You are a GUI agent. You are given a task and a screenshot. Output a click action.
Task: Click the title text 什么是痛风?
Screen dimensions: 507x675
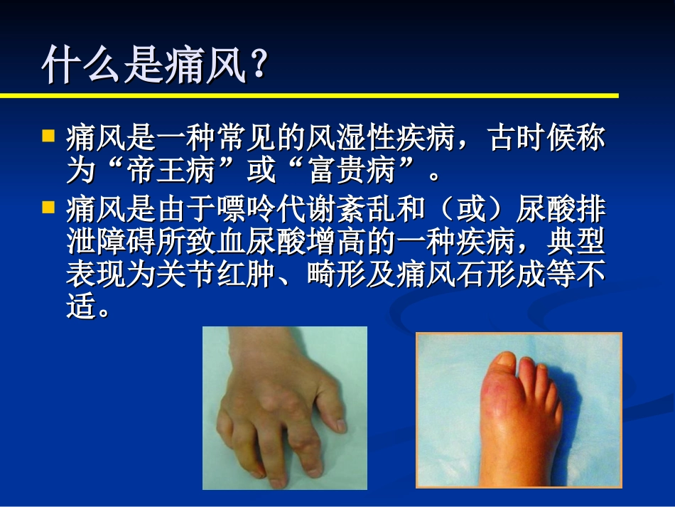(x=155, y=66)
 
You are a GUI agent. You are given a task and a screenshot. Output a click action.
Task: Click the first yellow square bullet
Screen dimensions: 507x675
(x=48, y=134)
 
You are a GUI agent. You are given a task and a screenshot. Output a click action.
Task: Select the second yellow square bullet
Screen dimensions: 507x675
(x=48, y=207)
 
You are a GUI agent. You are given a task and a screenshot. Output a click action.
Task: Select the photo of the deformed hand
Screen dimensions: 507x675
(x=284, y=407)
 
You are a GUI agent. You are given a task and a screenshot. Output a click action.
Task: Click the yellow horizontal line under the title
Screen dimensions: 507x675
(x=309, y=95)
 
